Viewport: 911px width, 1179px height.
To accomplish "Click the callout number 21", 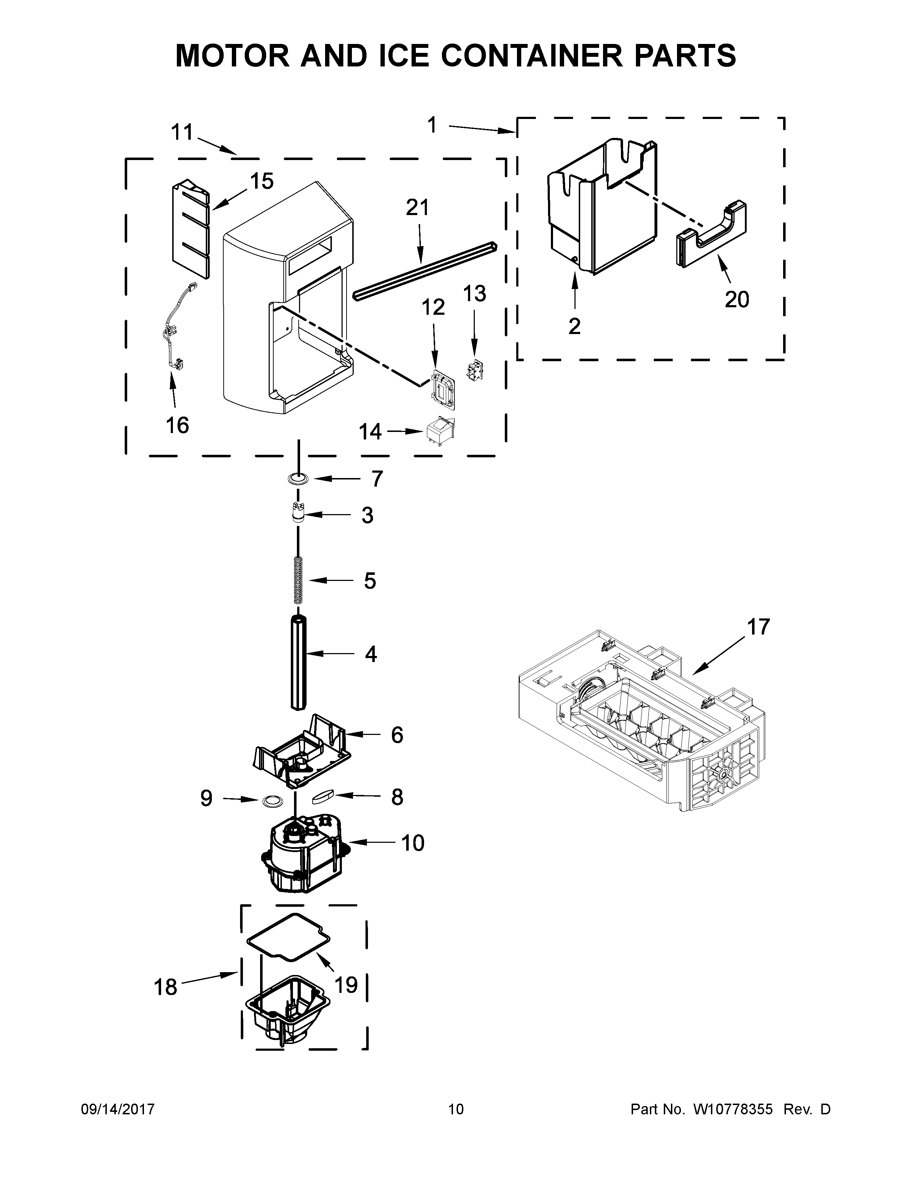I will click(x=417, y=207).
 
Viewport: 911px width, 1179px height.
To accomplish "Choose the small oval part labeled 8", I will click(x=323, y=797).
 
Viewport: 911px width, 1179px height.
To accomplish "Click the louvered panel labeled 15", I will click(x=190, y=229).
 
